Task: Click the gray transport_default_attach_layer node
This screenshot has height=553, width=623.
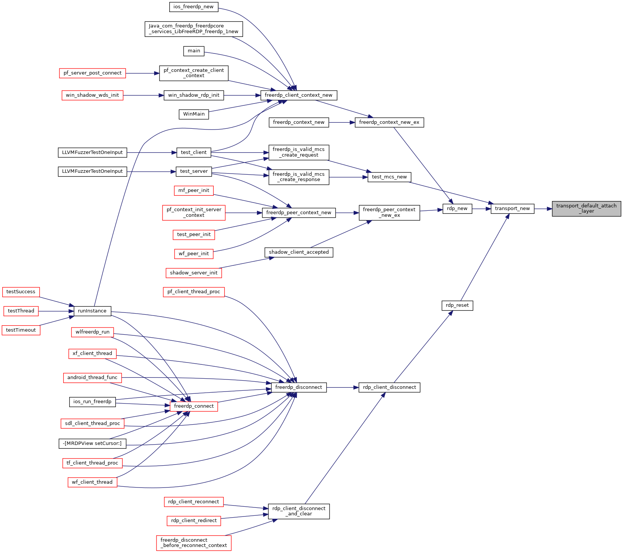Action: [x=586, y=209]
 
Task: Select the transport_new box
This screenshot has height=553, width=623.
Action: [x=512, y=209]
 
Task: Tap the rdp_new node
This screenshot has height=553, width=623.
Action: [x=457, y=209]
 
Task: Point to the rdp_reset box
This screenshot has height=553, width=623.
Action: [x=457, y=305]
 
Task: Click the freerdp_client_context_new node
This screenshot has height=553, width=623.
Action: [x=299, y=95]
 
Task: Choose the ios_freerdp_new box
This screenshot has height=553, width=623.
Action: [x=193, y=7]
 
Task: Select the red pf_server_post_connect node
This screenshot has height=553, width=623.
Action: [x=93, y=73]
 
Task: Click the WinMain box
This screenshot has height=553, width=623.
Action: [x=194, y=114]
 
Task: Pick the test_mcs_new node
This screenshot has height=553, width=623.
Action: [x=389, y=177]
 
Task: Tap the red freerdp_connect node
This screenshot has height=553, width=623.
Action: [x=194, y=406]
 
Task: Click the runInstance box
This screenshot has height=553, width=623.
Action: [x=92, y=311]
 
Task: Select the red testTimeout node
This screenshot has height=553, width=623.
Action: [x=21, y=330]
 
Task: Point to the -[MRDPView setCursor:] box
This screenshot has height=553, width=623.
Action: [x=92, y=443]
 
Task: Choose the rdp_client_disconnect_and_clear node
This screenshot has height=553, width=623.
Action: [x=299, y=511]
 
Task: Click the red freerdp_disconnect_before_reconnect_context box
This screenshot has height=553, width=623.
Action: [x=194, y=543]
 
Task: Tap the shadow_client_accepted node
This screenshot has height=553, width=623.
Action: [x=299, y=252]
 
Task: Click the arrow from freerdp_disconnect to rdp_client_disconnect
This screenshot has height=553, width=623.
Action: [x=343, y=387]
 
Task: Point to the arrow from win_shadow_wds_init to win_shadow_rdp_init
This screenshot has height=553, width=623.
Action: [x=143, y=95]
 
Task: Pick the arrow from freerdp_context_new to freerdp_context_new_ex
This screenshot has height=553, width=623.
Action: [x=342, y=122]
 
